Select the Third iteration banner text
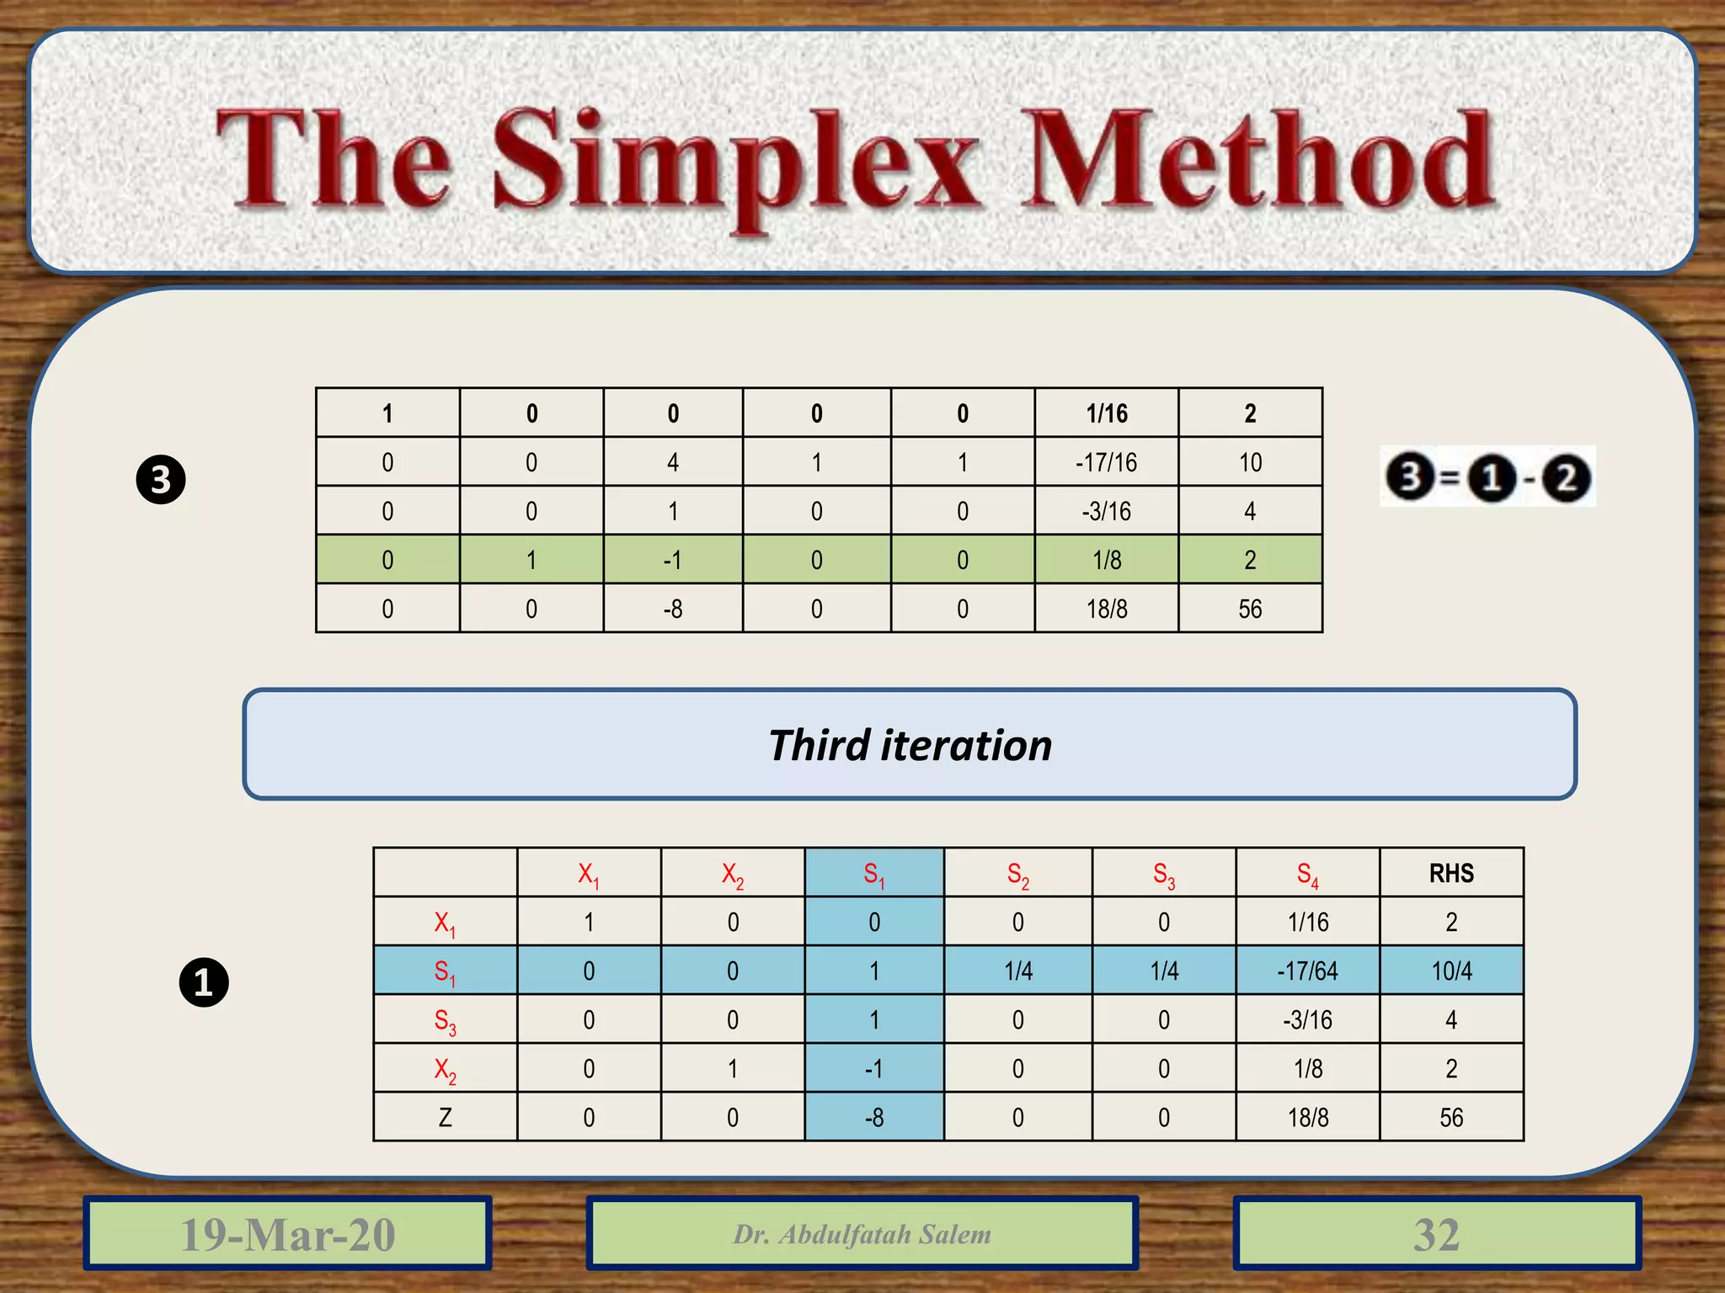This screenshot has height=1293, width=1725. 910,745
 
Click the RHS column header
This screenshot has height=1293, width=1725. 1451,873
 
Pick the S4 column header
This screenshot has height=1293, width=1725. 1307,875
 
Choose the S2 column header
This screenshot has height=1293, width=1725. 1017,875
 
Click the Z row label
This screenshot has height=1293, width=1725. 445,1117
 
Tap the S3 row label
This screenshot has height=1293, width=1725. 445,1021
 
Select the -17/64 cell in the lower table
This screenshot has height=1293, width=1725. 1307,971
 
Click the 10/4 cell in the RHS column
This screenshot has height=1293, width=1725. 1451,971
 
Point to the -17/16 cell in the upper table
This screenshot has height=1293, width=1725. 1106,462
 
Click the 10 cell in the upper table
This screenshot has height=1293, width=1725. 1250,462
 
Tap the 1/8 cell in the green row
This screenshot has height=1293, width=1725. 1106,560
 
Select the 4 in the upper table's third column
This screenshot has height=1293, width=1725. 673,462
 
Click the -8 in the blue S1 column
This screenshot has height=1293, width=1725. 874,1117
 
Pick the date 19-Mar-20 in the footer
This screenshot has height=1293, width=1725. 287,1234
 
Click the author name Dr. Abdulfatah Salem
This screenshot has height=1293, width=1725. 862,1234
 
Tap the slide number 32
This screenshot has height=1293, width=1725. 1436,1234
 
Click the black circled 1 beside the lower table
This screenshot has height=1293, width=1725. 204,982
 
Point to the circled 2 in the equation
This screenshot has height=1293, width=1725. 1566,478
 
